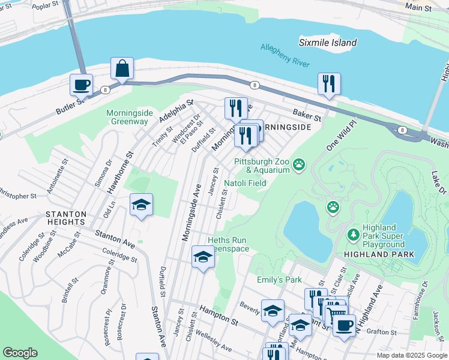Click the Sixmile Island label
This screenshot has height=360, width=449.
pos(328,43)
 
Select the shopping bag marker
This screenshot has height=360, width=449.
pos(122,70)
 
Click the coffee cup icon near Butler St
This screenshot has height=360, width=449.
pos(82,85)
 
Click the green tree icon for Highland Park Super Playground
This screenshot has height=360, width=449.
pos(355,232)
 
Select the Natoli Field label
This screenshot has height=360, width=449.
pos(245,183)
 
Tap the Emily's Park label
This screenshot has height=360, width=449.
pos(279,280)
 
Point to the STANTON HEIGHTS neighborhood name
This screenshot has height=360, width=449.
pos(65,219)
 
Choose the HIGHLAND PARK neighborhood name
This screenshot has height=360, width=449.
pos(379,254)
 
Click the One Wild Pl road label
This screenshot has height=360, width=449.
pos(342,137)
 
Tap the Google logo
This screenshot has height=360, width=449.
pos(20,353)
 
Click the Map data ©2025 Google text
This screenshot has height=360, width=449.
pos(411,355)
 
